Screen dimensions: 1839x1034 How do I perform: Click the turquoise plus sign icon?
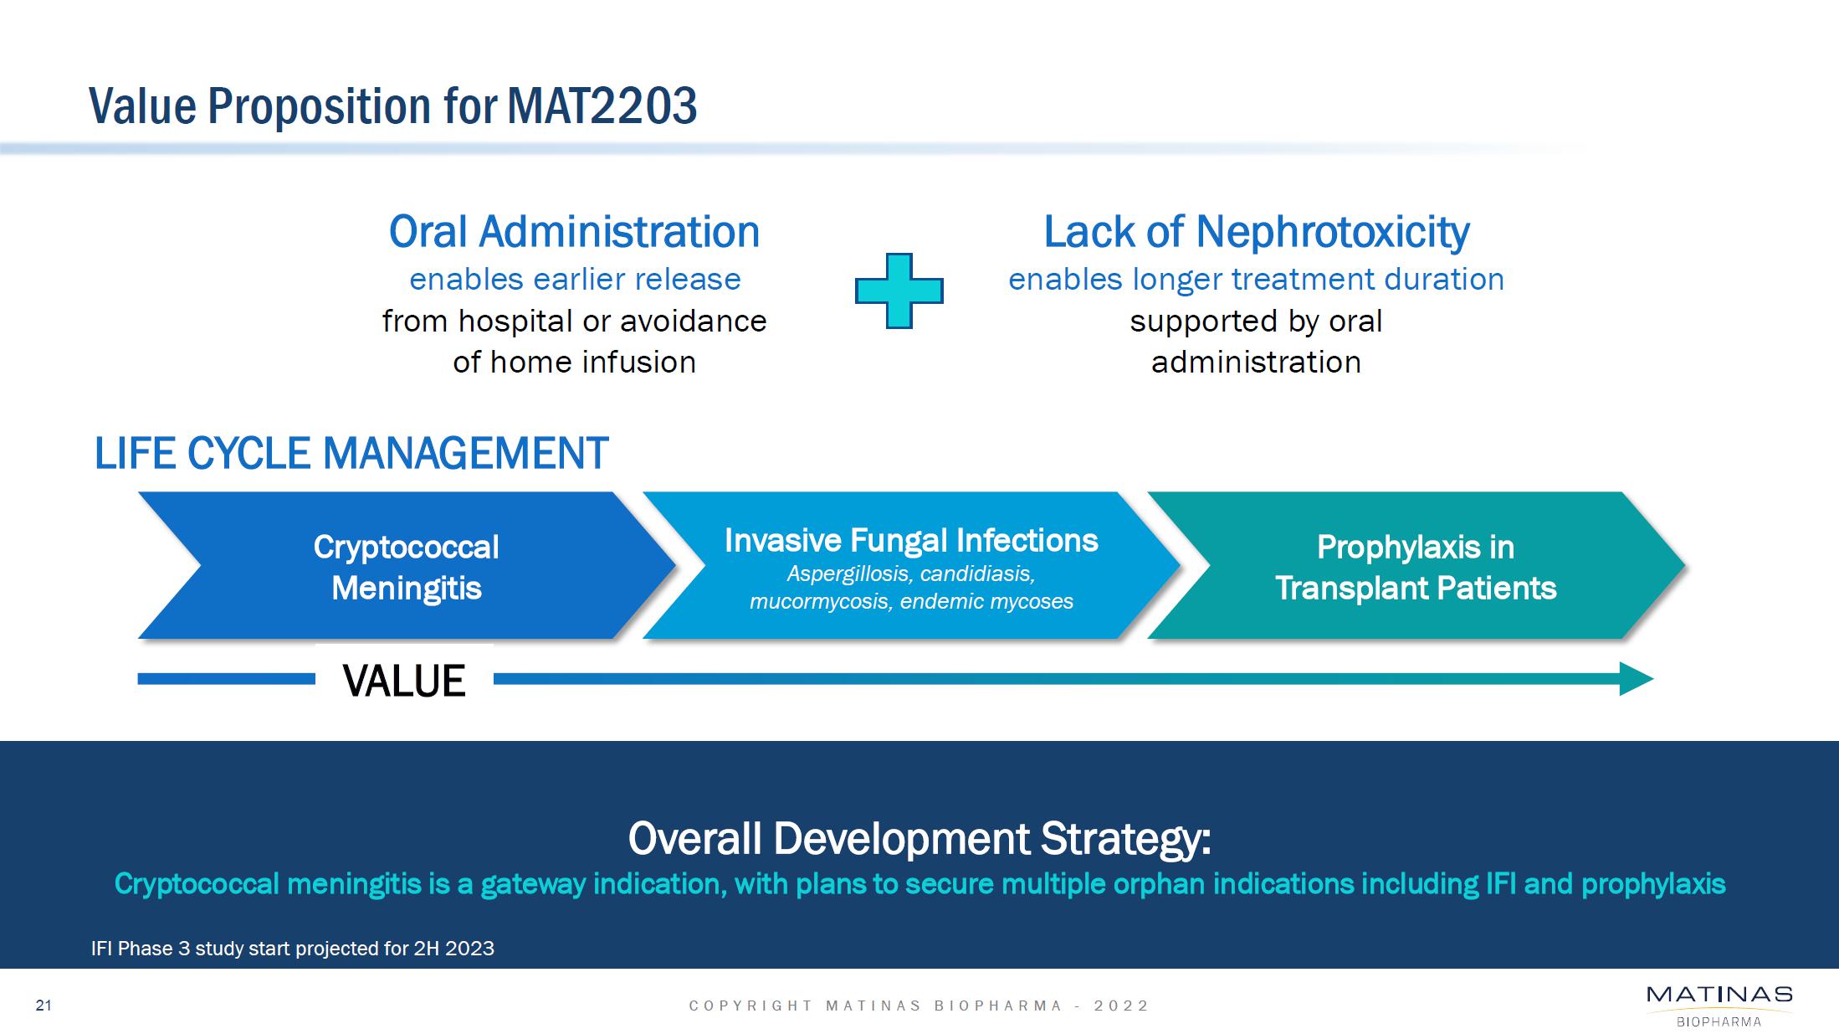coord(899,291)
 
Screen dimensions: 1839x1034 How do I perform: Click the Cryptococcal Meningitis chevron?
coord(407,566)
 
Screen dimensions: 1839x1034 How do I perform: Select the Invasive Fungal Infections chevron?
coord(911,566)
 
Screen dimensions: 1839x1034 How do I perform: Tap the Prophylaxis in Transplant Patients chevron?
coord(1416,566)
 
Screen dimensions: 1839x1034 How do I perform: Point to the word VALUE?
coord(404,681)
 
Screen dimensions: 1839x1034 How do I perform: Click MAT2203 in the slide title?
coord(602,106)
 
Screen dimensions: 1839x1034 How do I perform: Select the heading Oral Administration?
coord(574,232)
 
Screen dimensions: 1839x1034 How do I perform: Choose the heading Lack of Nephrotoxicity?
coord(1256,232)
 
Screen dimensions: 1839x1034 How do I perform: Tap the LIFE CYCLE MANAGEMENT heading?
coord(351,454)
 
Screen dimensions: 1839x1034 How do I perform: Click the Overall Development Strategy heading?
coord(919,839)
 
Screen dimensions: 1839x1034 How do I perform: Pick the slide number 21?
coord(44,1006)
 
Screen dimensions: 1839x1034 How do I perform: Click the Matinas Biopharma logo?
coord(1719,1006)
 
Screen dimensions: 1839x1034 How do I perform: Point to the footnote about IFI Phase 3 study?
coord(293,949)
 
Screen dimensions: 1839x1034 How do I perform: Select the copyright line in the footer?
coord(919,1006)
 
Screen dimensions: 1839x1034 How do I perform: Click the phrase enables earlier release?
coord(575,279)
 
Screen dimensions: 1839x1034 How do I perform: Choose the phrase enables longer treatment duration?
coord(1256,279)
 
